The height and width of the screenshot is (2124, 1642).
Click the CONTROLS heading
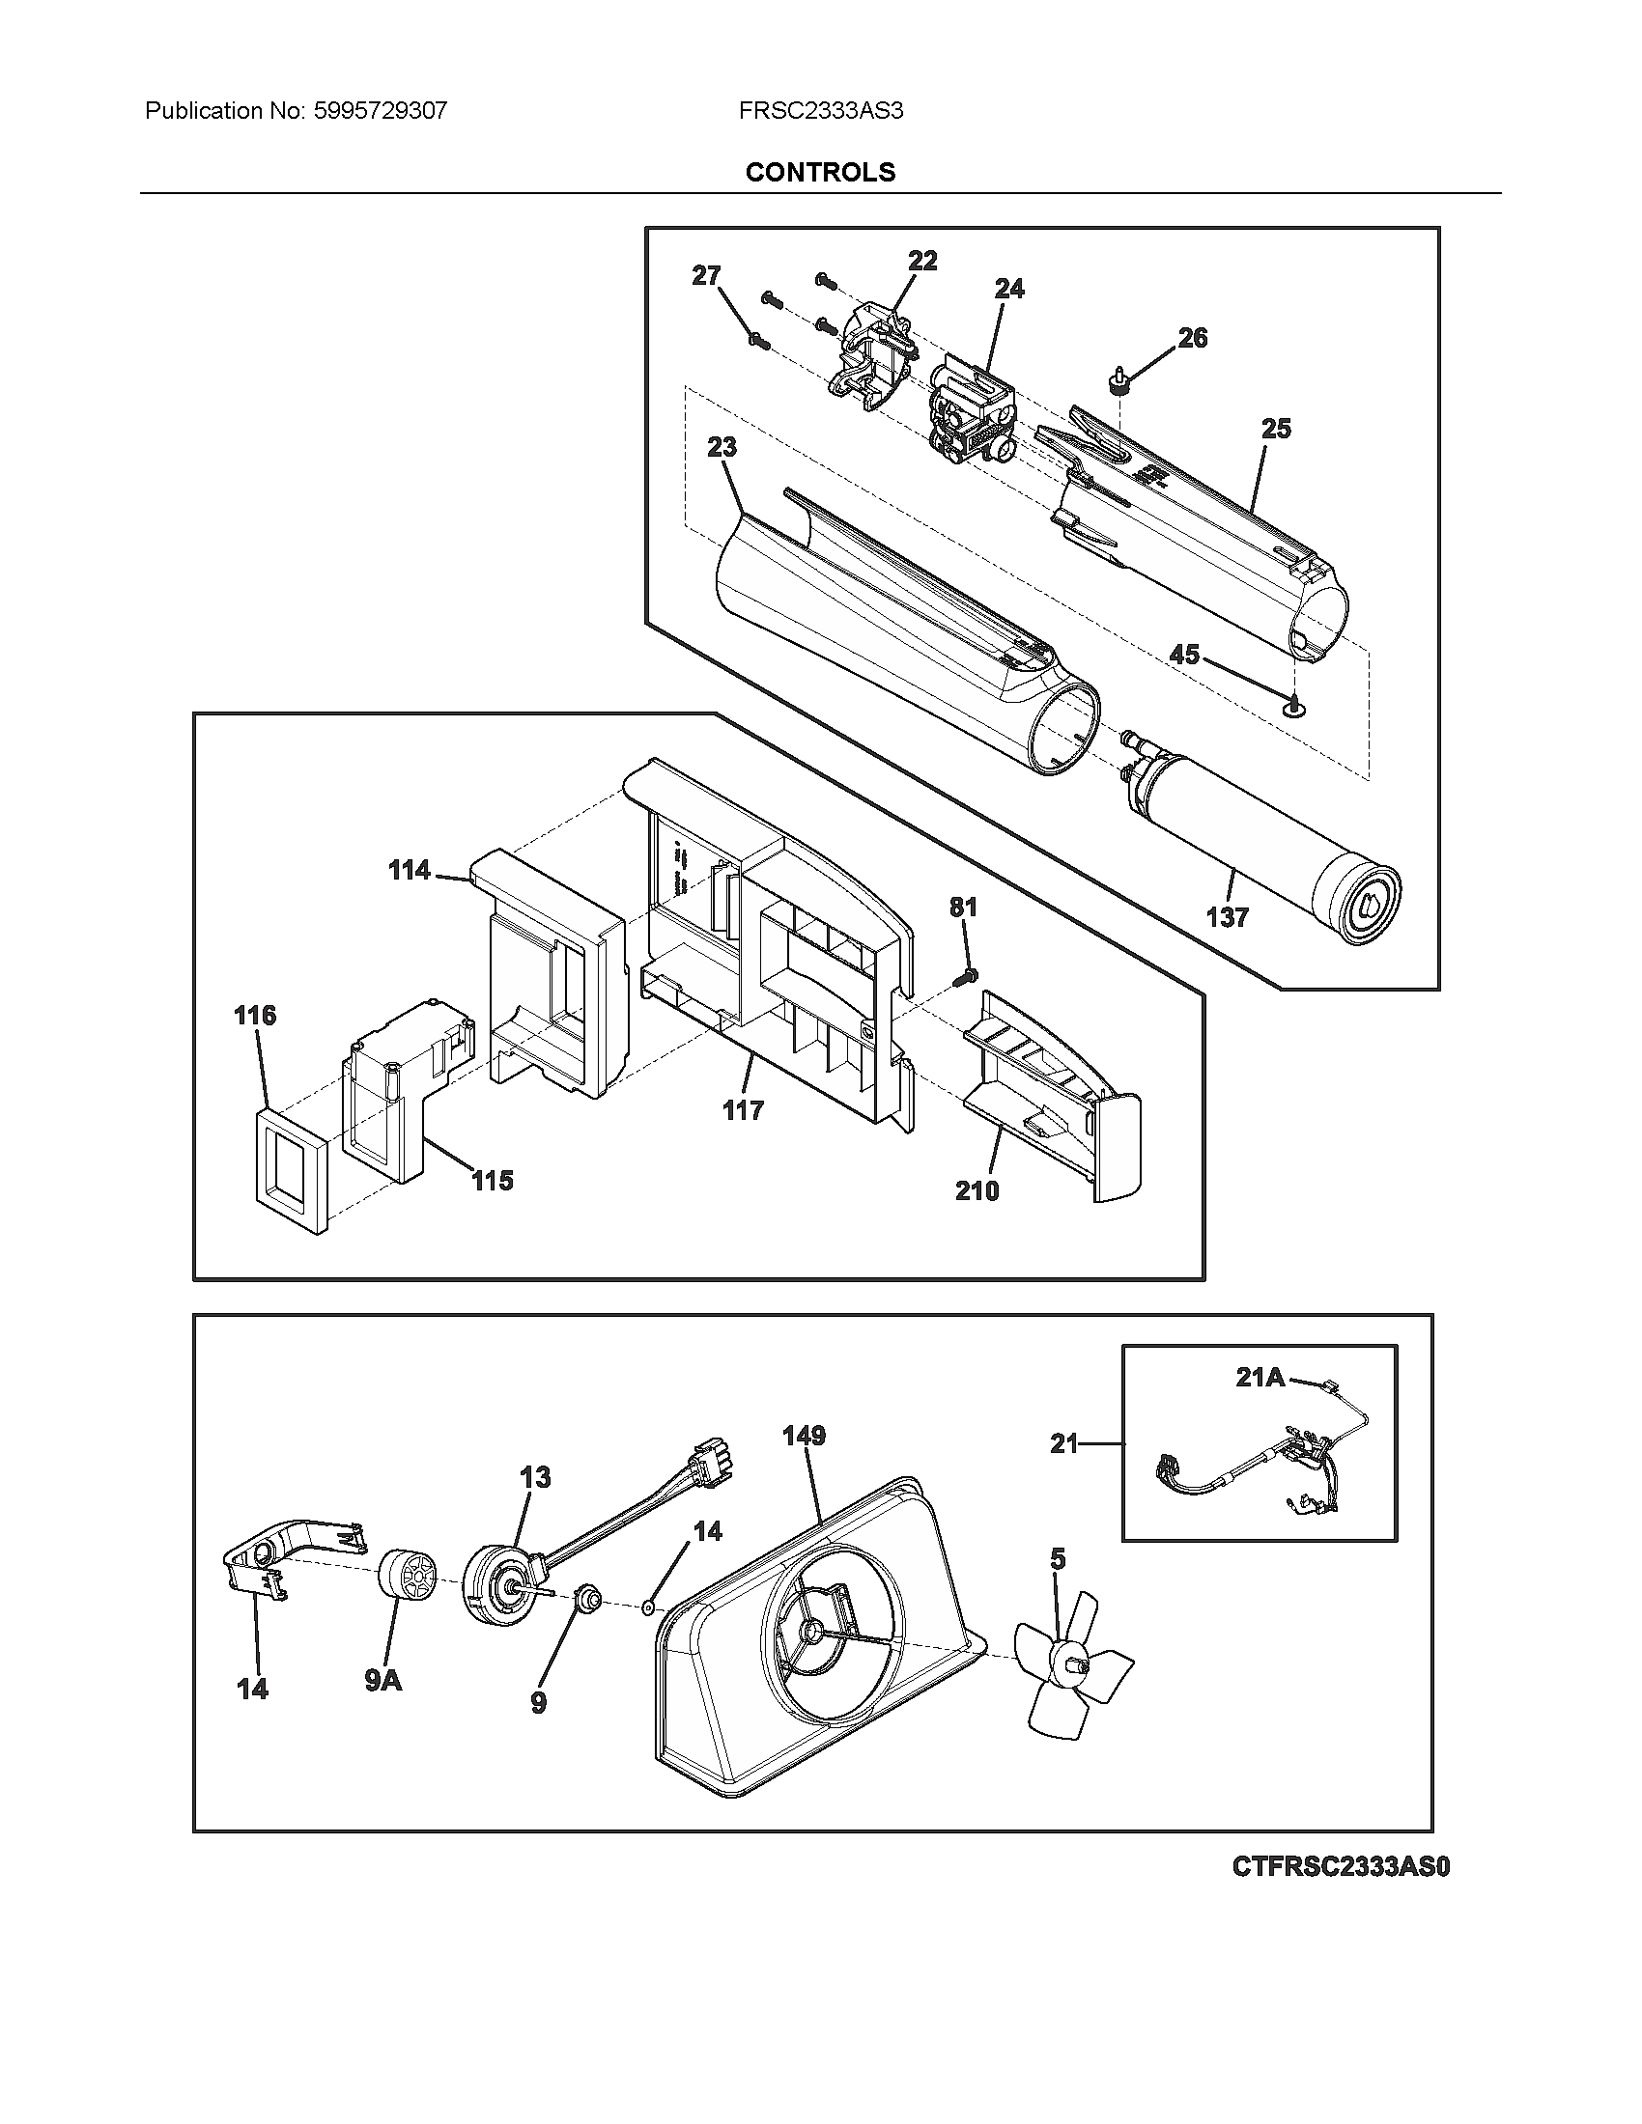(x=820, y=172)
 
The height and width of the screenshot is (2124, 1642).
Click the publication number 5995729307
(x=380, y=111)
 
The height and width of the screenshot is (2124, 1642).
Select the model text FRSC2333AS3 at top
(x=820, y=111)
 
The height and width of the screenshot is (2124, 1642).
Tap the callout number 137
(x=1227, y=917)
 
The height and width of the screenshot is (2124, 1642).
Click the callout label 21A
(x=1260, y=1377)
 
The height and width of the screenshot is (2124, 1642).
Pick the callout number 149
(x=804, y=1436)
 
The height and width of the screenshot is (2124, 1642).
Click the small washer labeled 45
(x=1294, y=710)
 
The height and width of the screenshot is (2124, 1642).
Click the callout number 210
(x=977, y=1190)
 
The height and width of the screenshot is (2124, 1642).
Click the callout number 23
(x=722, y=447)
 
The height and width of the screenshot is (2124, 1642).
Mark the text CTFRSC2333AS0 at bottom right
(x=1341, y=1867)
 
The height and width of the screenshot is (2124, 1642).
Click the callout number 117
(x=742, y=1109)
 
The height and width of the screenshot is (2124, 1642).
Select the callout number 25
(x=1275, y=428)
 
